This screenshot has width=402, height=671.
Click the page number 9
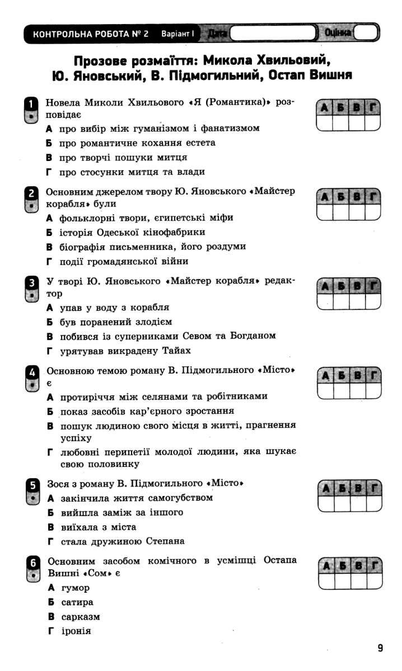(x=380, y=648)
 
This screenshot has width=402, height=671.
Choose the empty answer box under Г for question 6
(x=374, y=581)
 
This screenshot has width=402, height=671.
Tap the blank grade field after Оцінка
(x=365, y=34)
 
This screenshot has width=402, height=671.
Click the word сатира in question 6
(x=77, y=602)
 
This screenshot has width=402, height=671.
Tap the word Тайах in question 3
(x=177, y=351)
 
